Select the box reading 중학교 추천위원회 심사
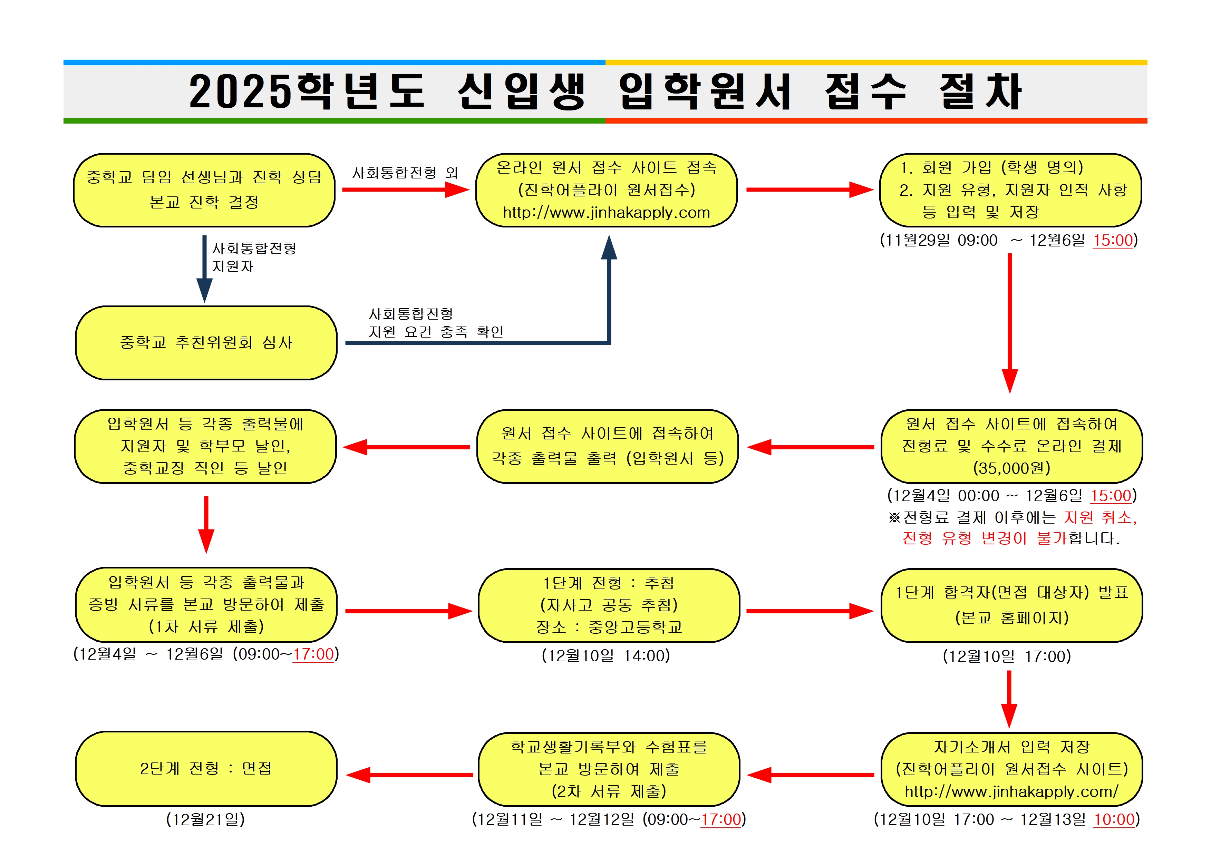(206, 343)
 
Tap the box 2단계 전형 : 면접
(206, 768)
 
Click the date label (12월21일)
(206, 819)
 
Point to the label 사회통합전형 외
(405, 173)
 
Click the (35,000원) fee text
(1011, 468)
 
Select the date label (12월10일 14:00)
(605, 655)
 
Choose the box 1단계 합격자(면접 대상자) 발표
(1011, 605)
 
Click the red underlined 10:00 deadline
(1114, 819)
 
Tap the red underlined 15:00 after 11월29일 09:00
(1113, 240)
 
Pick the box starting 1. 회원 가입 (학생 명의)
(1010, 190)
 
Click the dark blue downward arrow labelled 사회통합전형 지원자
(205, 269)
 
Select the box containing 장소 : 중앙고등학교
(609, 605)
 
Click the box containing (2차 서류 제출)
(609, 769)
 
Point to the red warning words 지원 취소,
(1100, 517)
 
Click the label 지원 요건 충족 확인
(436, 332)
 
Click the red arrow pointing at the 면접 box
(409, 775)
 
